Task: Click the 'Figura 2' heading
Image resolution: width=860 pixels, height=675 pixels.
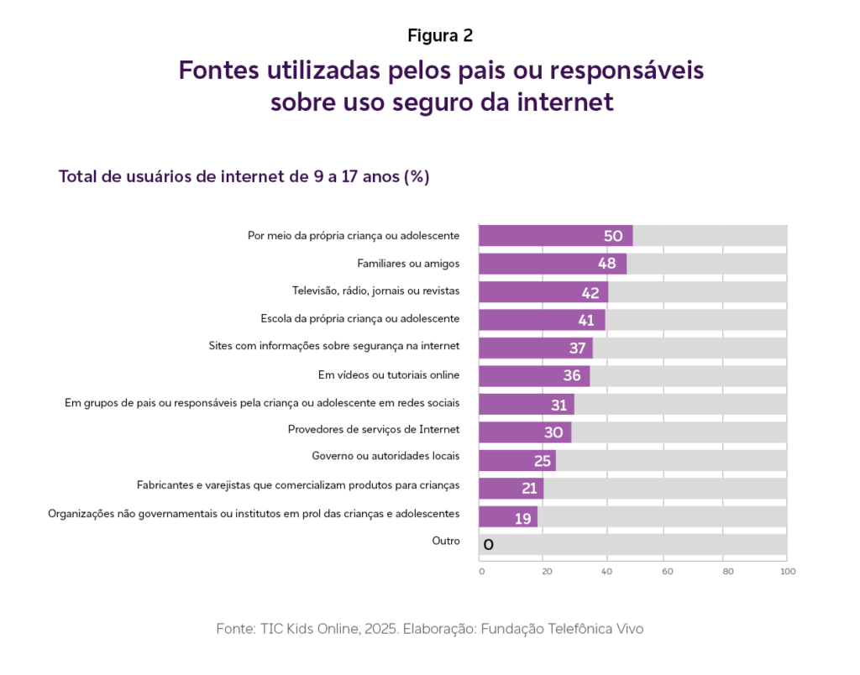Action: click(440, 35)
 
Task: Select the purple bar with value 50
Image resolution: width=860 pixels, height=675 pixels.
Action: click(555, 236)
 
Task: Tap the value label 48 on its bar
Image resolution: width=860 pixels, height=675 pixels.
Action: click(606, 264)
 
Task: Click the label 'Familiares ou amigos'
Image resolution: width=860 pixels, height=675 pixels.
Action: click(408, 264)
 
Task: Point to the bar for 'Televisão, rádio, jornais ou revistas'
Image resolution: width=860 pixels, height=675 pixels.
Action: click(543, 292)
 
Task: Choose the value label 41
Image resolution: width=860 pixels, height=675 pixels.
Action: click(585, 320)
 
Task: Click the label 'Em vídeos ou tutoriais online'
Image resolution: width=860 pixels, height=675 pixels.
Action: click(388, 374)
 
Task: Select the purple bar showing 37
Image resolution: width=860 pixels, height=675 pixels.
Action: click(535, 348)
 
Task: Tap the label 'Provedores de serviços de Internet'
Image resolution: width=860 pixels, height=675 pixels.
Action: click(374, 429)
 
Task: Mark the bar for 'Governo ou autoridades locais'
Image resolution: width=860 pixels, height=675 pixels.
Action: click(517, 461)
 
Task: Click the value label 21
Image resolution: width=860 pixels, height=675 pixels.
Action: click(529, 489)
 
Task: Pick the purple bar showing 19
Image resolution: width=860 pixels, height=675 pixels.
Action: click(507, 517)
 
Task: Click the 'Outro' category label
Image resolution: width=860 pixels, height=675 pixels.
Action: click(446, 541)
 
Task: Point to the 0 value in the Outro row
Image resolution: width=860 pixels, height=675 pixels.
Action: click(488, 545)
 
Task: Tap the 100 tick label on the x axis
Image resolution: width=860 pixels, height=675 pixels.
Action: click(787, 572)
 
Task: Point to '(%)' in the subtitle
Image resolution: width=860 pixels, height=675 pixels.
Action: click(417, 177)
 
